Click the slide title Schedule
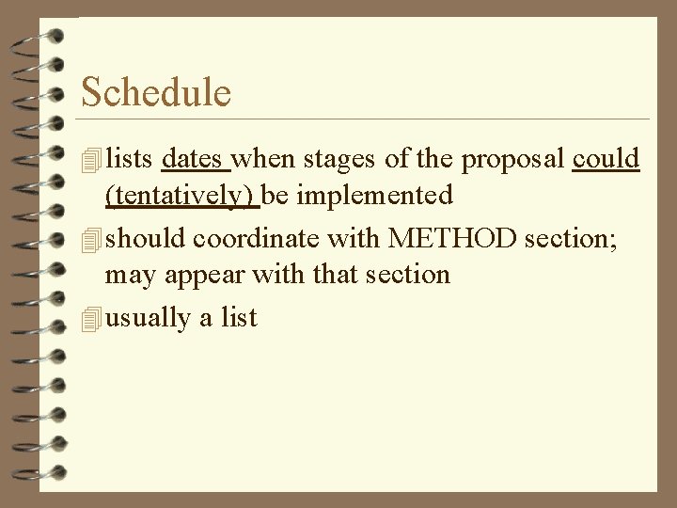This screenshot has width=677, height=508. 155,92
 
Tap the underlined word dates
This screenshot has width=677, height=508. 195,158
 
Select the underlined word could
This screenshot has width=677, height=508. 606,158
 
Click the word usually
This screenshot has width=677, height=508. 148,318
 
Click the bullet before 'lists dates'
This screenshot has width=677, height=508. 90,160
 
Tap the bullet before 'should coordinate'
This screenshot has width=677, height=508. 90,241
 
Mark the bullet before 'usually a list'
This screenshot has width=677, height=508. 90,320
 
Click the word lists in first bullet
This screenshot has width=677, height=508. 130,158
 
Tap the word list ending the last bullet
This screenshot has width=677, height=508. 239,318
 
